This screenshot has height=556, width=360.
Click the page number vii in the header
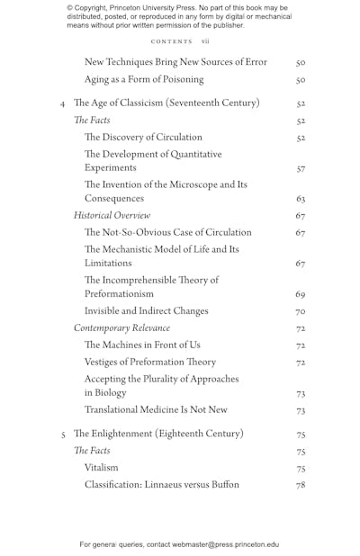(205, 41)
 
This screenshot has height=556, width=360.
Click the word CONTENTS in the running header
(171, 41)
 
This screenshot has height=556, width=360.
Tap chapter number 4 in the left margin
(61, 104)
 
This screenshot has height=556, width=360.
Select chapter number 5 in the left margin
(61, 435)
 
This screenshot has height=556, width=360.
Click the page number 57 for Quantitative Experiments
(301, 168)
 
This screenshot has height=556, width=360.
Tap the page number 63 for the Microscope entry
(301, 199)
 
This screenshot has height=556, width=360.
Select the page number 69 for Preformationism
(301, 294)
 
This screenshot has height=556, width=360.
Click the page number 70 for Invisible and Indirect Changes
(301, 311)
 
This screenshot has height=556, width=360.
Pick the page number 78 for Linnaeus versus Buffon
(301, 485)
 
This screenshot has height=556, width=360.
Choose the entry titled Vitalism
(101, 468)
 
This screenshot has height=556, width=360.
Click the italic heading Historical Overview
(112, 216)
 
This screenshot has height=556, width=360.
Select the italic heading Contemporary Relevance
(121, 328)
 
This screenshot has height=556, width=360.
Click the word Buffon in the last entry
(223, 485)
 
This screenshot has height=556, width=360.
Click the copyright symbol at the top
(70, 8)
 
